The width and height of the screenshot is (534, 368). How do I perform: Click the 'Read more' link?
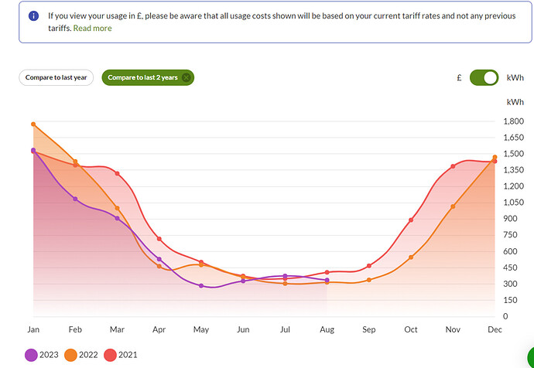click(92, 28)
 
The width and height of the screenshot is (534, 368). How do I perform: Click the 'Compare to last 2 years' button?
click(142, 77)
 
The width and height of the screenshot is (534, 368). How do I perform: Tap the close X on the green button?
click(186, 77)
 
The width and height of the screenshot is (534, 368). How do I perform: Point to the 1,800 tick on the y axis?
click(514, 121)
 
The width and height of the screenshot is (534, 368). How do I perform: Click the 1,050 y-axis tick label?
click(514, 203)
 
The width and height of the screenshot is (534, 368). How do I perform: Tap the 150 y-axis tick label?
click(514, 300)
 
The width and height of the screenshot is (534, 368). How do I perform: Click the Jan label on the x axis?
click(33, 330)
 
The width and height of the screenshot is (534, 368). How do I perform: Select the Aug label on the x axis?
click(327, 330)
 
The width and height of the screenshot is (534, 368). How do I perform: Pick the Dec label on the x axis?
click(495, 330)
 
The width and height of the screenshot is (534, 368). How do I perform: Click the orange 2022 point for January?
click(33, 124)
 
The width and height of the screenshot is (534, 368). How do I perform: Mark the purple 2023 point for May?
click(201, 285)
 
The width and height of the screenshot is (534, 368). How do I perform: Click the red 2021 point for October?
click(411, 220)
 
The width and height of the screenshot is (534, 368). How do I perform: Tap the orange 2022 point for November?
click(453, 206)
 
